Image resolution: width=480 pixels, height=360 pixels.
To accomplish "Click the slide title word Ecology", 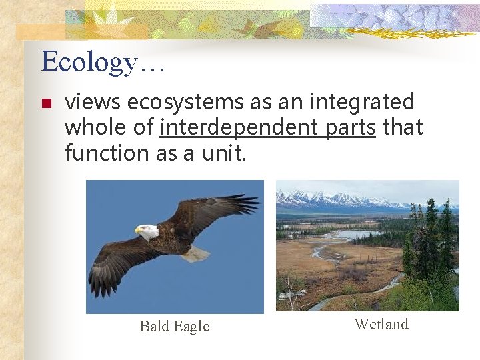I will coord(89,62).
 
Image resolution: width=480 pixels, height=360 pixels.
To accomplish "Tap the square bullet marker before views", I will coord(45,104).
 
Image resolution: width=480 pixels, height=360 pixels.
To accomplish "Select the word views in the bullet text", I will coord(93,103).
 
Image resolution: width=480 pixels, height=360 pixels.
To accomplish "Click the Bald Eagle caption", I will coord(175,326).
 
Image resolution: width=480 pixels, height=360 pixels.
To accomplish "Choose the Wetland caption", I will coord(381,325).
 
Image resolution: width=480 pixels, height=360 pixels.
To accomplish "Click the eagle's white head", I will coord(149,231).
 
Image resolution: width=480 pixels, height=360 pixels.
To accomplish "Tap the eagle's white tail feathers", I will coord(195,253).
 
